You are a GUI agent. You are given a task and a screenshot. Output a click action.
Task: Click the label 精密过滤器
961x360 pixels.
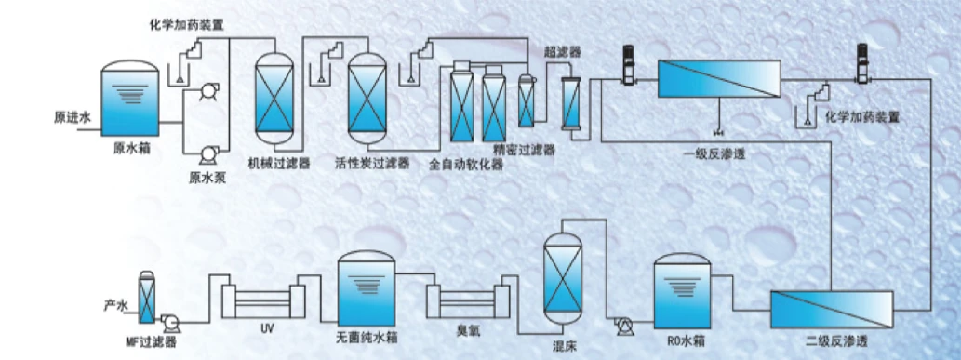(x=524, y=151)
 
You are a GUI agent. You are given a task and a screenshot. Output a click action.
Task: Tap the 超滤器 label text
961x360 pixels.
(x=563, y=53)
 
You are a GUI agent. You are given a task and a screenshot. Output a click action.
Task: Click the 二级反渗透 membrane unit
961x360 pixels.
(x=832, y=311)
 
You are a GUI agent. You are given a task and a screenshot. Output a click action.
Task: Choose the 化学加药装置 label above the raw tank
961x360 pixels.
(x=186, y=26)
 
